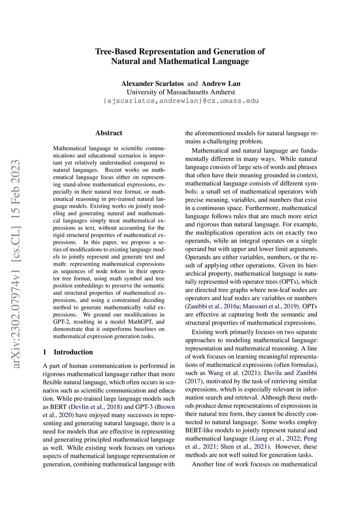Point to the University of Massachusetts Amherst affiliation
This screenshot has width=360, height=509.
pos(180,92)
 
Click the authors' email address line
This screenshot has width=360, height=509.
pos(180,100)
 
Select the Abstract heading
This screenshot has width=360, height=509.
pos(108,133)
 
